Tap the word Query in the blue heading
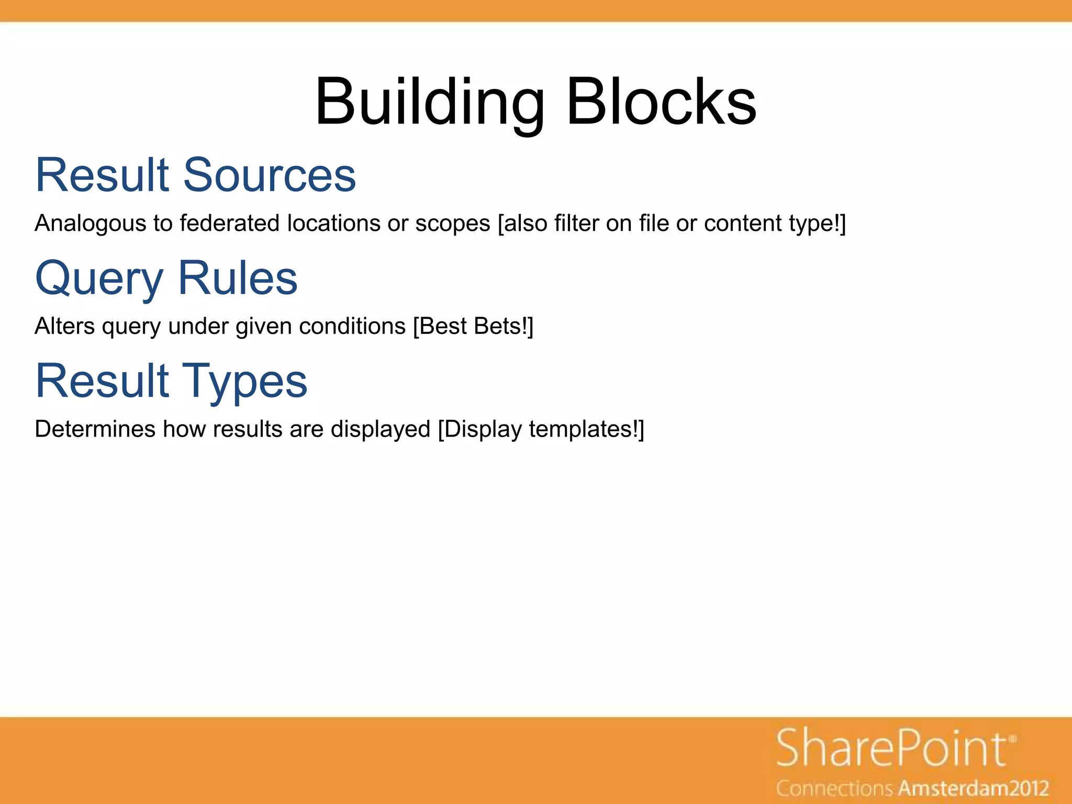point(99,278)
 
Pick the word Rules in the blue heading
point(238,278)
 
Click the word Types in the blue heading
point(244,381)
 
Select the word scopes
point(453,224)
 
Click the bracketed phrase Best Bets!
point(473,327)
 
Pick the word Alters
point(64,327)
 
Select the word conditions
point(352,327)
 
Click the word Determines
point(95,429)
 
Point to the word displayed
point(380,429)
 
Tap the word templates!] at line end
point(586,429)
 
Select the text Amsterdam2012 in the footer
point(974,788)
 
